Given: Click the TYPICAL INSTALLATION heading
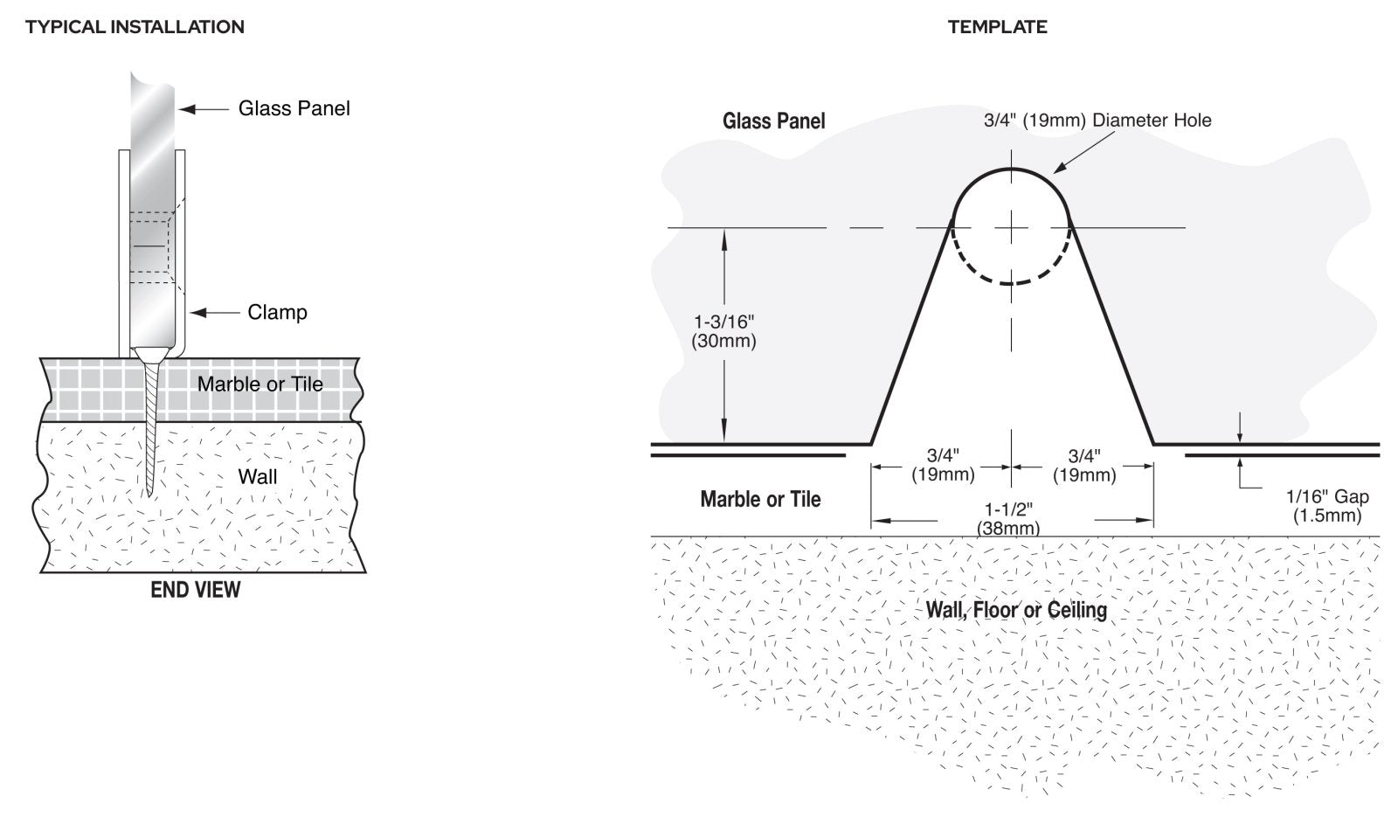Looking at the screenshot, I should [135, 27].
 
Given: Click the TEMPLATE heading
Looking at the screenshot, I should [997, 27].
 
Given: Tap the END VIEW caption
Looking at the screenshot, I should [195, 590].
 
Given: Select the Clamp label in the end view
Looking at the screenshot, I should [277, 312].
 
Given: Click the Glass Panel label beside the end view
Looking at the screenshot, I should [294, 108].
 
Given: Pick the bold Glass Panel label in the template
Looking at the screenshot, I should [773, 121].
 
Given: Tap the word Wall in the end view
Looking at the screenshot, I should [258, 477].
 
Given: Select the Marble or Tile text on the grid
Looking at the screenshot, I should [260, 384].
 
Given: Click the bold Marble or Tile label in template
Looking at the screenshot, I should [760, 499].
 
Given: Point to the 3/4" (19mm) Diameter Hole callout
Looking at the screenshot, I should [1097, 120].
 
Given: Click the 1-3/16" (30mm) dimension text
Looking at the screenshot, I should [723, 331].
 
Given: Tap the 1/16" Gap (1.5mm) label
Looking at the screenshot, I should [1326, 506].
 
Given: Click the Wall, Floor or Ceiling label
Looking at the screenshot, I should [1016, 609].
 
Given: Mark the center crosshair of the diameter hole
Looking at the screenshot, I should [1011, 227].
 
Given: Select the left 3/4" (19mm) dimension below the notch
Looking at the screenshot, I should [943, 465].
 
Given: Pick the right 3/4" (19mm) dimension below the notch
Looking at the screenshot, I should [1083, 465].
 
